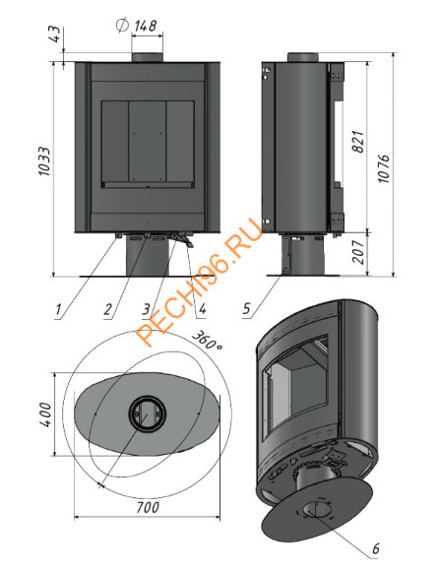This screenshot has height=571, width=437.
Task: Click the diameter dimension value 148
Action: click(146, 27)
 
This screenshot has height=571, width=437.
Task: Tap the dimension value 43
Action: click(56, 33)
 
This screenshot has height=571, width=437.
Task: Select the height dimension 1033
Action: click(44, 161)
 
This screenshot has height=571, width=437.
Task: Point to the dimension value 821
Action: click(358, 142)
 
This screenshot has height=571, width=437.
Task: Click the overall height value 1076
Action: click(384, 168)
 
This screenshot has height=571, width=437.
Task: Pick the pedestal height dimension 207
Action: click(358, 252)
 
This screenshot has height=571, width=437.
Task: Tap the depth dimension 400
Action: click(45, 414)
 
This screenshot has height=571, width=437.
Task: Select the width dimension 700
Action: click(148, 507)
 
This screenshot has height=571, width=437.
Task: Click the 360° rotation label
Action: click(207, 341)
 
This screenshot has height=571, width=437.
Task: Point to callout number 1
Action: click(58, 310)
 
